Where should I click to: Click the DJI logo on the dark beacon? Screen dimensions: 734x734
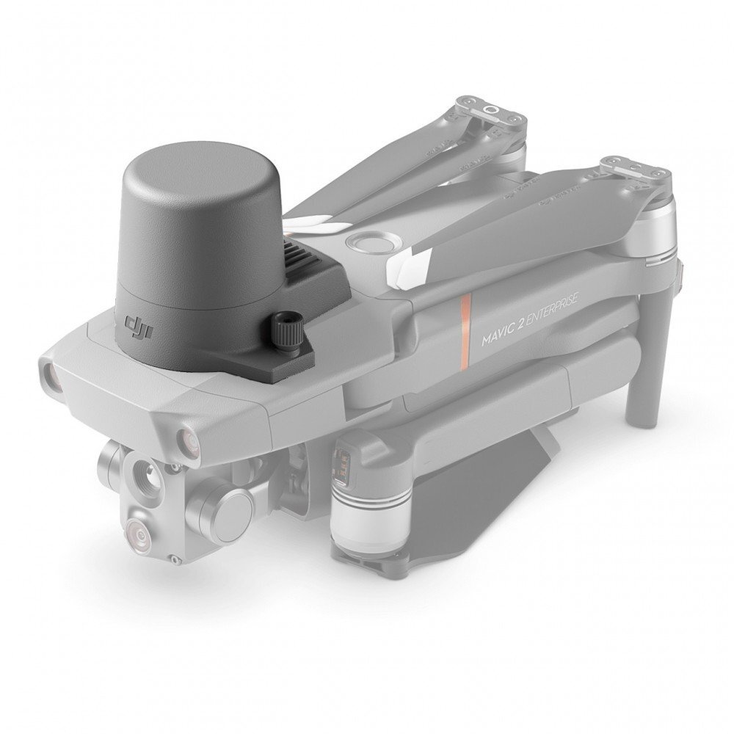point(138,327)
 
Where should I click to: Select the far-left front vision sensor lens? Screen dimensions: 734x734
point(52,374)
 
